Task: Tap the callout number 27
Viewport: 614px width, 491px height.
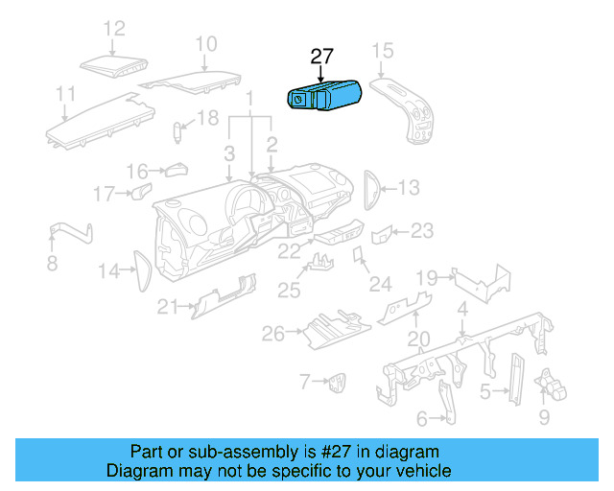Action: pos(322,57)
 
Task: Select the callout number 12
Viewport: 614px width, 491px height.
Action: pos(114,29)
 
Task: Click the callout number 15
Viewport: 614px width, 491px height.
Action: pos(382,50)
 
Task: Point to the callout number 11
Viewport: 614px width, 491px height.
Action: pos(65,93)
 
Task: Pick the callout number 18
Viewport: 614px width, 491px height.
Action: pos(208,118)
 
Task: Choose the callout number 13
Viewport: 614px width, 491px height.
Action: pos(409,188)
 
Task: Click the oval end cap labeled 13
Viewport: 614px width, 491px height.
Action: pos(372,188)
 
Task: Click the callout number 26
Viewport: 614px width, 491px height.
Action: pos(273,334)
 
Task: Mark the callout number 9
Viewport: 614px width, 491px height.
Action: pos(544,417)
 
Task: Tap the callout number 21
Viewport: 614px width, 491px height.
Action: pos(169,307)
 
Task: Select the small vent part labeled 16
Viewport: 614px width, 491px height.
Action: pos(175,171)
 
